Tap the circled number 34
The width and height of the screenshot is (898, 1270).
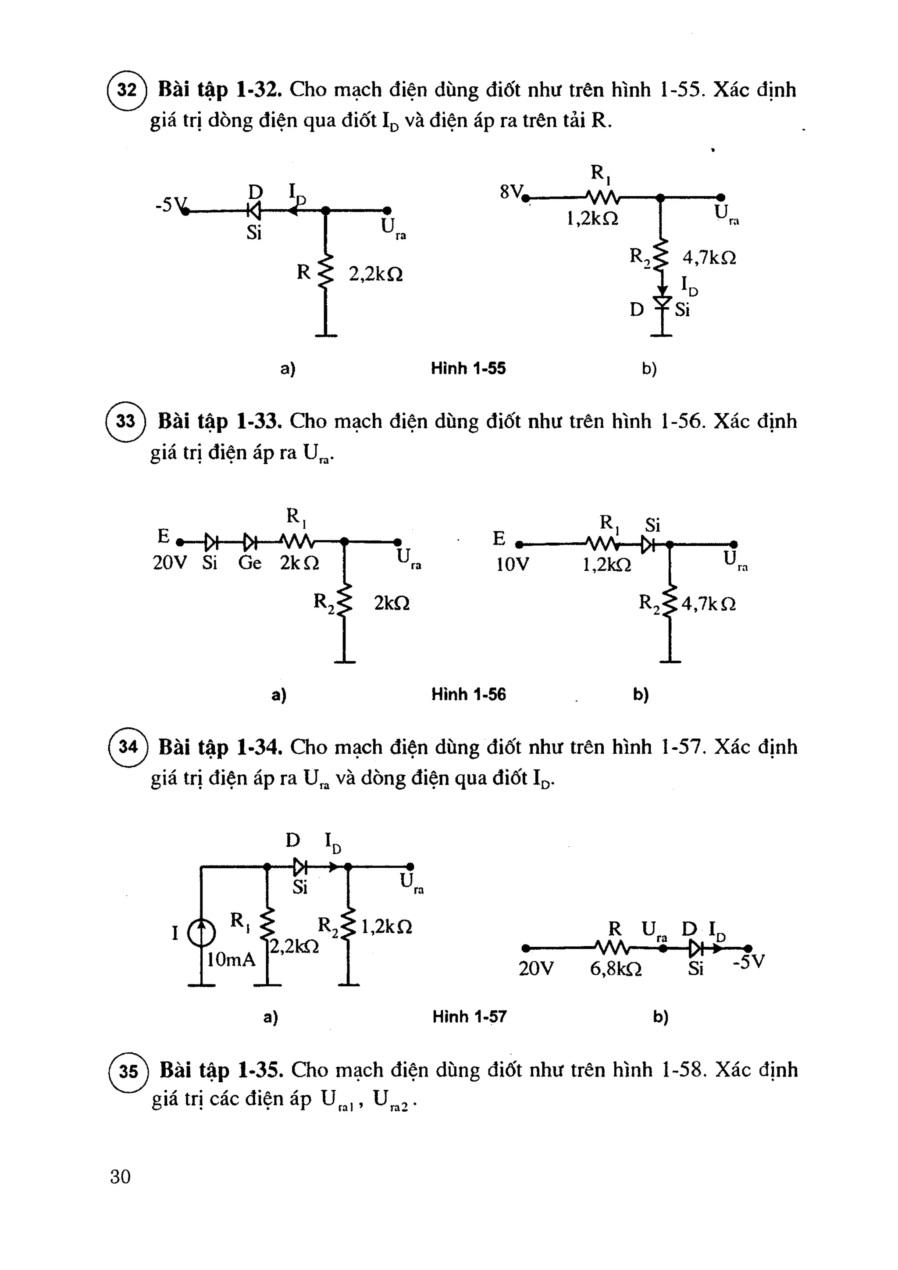(128, 747)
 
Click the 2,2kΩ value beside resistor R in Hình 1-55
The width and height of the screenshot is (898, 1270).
(375, 274)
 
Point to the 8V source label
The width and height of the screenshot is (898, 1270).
(510, 192)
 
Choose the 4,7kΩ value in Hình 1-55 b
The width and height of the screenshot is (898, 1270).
(709, 258)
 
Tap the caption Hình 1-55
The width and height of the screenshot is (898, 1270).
(468, 368)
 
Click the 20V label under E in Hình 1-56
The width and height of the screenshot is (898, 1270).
(170, 563)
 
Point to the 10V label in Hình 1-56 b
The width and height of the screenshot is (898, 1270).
(513, 565)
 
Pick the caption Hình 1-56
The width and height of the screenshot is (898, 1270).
(468, 694)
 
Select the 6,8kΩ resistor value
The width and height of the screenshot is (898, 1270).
(616, 969)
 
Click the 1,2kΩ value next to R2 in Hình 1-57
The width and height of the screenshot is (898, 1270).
(386, 927)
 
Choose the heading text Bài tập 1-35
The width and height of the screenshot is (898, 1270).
(221, 1070)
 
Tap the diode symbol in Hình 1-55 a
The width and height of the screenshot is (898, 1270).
(254, 210)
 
